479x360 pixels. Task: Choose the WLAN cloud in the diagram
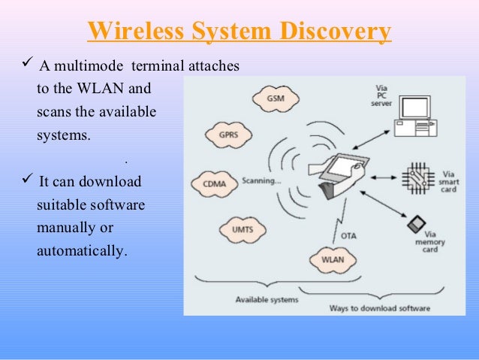coord(332,260)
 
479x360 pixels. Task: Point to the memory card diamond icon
coord(414,224)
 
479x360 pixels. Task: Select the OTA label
coord(350,235)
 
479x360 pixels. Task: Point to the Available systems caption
coord(267,299)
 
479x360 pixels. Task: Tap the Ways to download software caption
coord(380,308)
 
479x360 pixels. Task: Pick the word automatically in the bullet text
coord(80,250)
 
